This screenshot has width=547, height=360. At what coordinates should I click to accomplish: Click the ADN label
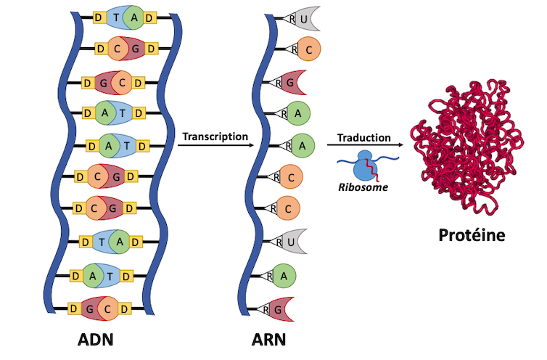click(96, 340)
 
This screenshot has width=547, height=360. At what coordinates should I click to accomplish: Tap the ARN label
click(268, 340)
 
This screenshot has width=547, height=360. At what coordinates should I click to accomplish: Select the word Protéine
click(472, 235)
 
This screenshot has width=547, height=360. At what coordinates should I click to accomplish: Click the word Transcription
click(215, 136)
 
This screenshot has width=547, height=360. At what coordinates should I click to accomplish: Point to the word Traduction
click(364, 138)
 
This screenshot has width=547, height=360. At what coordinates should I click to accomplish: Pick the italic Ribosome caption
click(363, 187)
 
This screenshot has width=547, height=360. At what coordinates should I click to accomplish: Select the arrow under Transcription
click(215, 145)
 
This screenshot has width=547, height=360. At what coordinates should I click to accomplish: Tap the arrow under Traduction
click(365, 145)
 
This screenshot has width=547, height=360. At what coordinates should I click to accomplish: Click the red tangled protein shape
click(466, 147)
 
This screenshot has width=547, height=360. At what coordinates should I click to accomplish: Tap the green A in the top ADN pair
click(133, 17)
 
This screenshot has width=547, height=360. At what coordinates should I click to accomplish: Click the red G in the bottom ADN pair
click(89, 308)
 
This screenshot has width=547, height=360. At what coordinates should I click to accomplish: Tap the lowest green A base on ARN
click(284, 276)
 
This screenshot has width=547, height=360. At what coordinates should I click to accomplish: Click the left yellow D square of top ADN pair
click(99, 17)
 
